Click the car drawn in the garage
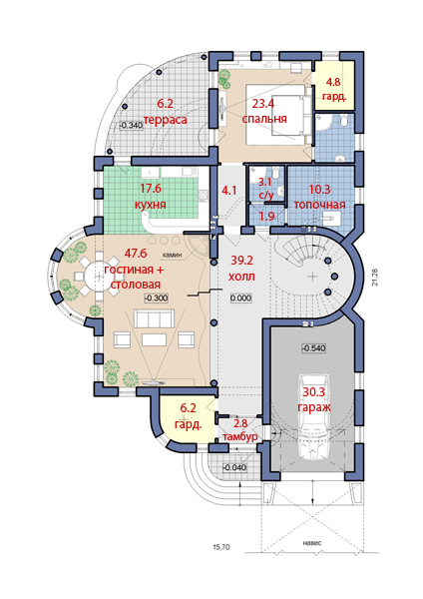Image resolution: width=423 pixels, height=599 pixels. pyautogui.click(x=314, y=417)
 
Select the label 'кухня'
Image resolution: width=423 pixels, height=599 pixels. pyautogui.click(x=151, y=205)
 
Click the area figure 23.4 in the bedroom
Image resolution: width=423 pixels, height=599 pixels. pyautogui.click(x=262, y=103)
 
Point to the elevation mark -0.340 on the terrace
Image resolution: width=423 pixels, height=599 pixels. pyautogui.click(x=132, y=125)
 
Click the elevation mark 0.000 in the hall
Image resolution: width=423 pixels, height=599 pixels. pyautogui.click(x=240, y=298)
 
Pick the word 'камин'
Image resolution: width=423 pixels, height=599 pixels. pyautogui.click(x=172, y=255)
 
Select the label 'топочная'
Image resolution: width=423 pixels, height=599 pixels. pyautogui.click(x=319, y=205)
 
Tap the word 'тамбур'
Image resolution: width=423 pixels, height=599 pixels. pyautogui.click(x=240, y=436)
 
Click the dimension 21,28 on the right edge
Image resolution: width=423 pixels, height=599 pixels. pyautogui.click(x=375, y=277)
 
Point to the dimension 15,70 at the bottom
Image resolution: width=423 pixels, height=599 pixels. pyautogui.click(x=221, y=547)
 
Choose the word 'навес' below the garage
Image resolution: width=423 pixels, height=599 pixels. pyautogui.click(x=311, y=543)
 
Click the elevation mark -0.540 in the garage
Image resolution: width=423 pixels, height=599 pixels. pyautogui.click(x=314, y=348)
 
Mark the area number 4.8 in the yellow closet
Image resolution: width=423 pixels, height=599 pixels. pyautogui.click(x=332, y=82)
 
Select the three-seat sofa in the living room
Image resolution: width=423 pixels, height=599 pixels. pyautogui.click(x=153, y=318)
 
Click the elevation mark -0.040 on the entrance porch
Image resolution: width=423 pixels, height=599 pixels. pyautogui.click(x=234, y=467)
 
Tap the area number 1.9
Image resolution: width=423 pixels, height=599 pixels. pyautogui.click(x=266, y=217)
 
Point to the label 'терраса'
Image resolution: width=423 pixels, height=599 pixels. pyautogui.click(x=166, y=120)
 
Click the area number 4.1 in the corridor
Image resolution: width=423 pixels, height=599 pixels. pyautogui.click(x=229, y=190)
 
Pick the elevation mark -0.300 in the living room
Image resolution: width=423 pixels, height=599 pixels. pyautogui.click(x=157, y=298)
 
